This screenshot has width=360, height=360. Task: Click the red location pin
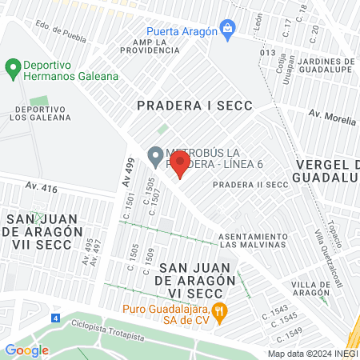coord(180,165)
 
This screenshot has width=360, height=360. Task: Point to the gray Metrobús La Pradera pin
coord(155,154)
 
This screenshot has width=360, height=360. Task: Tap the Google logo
coord(26,350)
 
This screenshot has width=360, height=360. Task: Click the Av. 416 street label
coord(42,189)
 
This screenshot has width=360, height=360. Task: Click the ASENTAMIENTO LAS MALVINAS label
coord(254,240)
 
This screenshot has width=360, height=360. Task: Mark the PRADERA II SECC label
coord(250,184)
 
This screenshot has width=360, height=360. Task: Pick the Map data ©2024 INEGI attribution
coord(311,354)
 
